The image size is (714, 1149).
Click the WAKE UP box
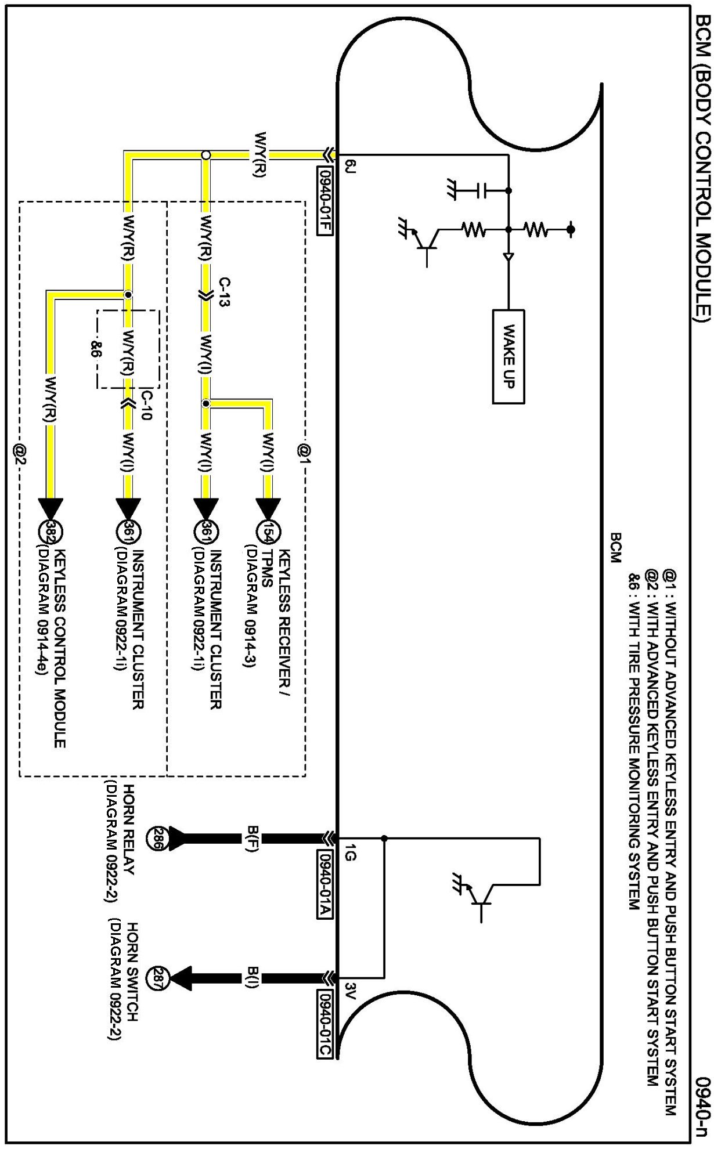pyautogui.click(x=509, y=356)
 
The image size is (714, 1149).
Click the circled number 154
pyautogui.click(x=268, y=532)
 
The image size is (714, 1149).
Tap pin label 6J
pyautogui.click(x=349, y=167)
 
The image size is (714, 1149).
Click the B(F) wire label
pyautogui.click(x=252, y=838)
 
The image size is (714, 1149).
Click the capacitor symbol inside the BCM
pyautogui.click(x=481, y=190)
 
